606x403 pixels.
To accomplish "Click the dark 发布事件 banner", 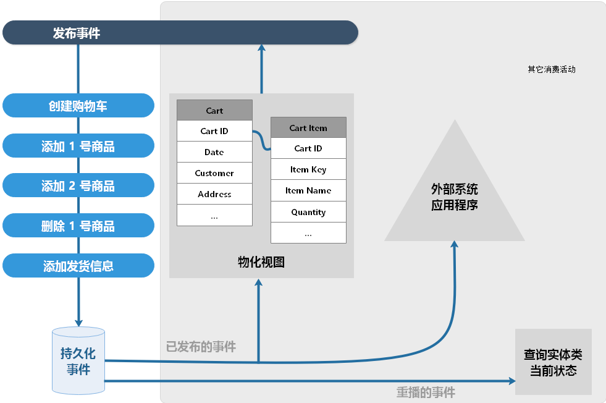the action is pos(180,33).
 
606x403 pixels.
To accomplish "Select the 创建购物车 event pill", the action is pos(78,105).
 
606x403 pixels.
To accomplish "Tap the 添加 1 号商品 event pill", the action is pos(78,145).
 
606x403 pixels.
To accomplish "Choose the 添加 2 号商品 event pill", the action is pos(78,185).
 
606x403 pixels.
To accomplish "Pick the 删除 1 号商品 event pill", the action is pos(78,226).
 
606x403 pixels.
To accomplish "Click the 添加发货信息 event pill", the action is pos(78,265).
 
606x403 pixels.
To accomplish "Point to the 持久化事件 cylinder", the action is pos(78,360).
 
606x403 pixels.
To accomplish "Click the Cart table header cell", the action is pos(214,110).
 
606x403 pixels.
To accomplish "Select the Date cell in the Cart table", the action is pos(214,152).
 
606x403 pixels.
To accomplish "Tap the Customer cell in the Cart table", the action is pos(214,173).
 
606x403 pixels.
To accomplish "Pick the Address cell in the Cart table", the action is pos(214,193).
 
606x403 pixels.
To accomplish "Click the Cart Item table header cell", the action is pos(308,127).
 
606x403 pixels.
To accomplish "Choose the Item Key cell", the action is pos(308,169).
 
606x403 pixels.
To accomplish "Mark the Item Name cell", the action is pos(308,190).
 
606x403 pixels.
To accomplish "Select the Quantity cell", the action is pos(308,211).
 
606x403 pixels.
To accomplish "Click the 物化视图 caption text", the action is pos(261,262).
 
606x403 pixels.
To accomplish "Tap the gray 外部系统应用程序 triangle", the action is pos(455,197).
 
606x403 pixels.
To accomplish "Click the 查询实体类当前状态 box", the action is pos(553,362).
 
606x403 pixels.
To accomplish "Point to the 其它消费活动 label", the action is pos(552,69).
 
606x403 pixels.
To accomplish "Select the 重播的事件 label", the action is pos(426,392).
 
